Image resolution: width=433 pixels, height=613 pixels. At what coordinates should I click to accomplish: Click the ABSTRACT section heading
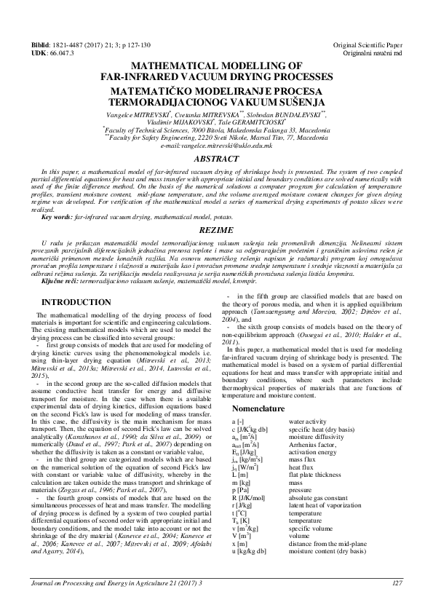[216, 158]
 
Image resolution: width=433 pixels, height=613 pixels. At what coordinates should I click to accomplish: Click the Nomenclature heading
[255, 409]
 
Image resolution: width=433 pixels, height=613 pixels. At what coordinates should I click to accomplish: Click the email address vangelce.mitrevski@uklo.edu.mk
[216, 146]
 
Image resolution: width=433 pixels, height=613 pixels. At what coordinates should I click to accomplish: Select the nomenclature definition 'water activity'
[309, 422]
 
